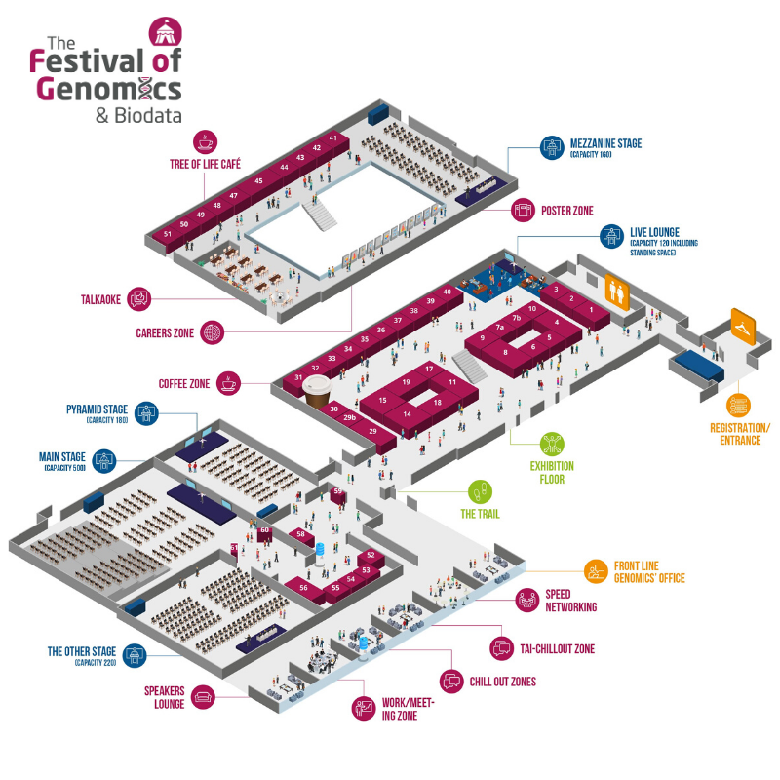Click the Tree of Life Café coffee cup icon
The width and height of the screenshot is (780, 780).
[207, 141]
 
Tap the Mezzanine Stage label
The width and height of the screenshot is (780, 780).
[606, 144]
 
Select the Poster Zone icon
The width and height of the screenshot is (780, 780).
[525, 209]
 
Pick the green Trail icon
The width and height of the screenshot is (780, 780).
[479, 492]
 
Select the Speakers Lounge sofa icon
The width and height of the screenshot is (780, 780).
[204, 696]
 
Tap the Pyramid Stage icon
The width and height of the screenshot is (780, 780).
[145, 412]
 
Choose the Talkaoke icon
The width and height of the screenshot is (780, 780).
[138, 299]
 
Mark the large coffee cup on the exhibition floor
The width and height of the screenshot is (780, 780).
[316, 392]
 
